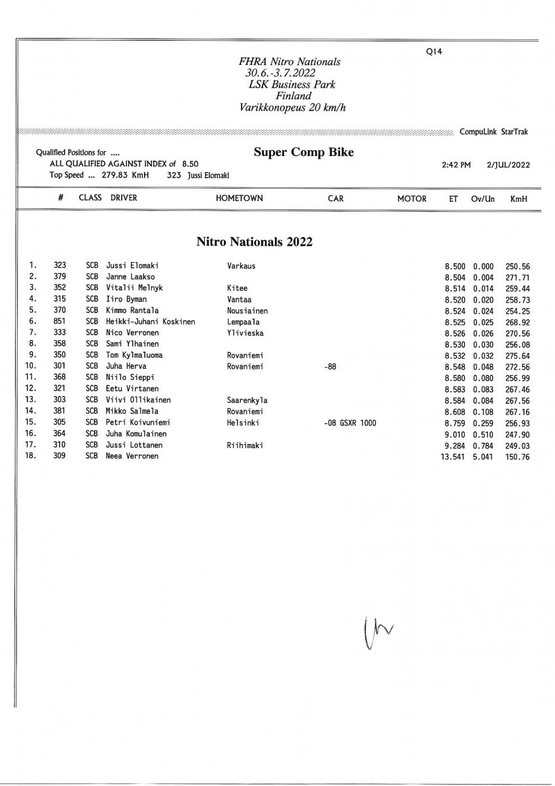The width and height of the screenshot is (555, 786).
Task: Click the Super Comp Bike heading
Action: click(304, 153)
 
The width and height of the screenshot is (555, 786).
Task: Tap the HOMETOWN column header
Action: click(239, 198)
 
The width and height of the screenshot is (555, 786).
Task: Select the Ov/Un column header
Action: click(482, 198)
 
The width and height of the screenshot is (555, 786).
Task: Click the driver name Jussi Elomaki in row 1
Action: click(132, 266)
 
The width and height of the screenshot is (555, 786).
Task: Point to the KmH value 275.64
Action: click(517, 355)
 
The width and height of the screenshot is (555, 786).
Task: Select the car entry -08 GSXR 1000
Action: click(349, 422)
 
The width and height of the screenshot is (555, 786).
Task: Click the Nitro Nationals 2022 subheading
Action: click(255, 242)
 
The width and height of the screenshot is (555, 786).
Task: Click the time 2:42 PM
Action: click(456, 165)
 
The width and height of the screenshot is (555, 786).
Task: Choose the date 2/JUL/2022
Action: click(509, 165)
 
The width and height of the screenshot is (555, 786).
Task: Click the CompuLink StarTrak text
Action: click(494, 132)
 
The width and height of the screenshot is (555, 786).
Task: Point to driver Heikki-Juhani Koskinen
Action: click(151, 322)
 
